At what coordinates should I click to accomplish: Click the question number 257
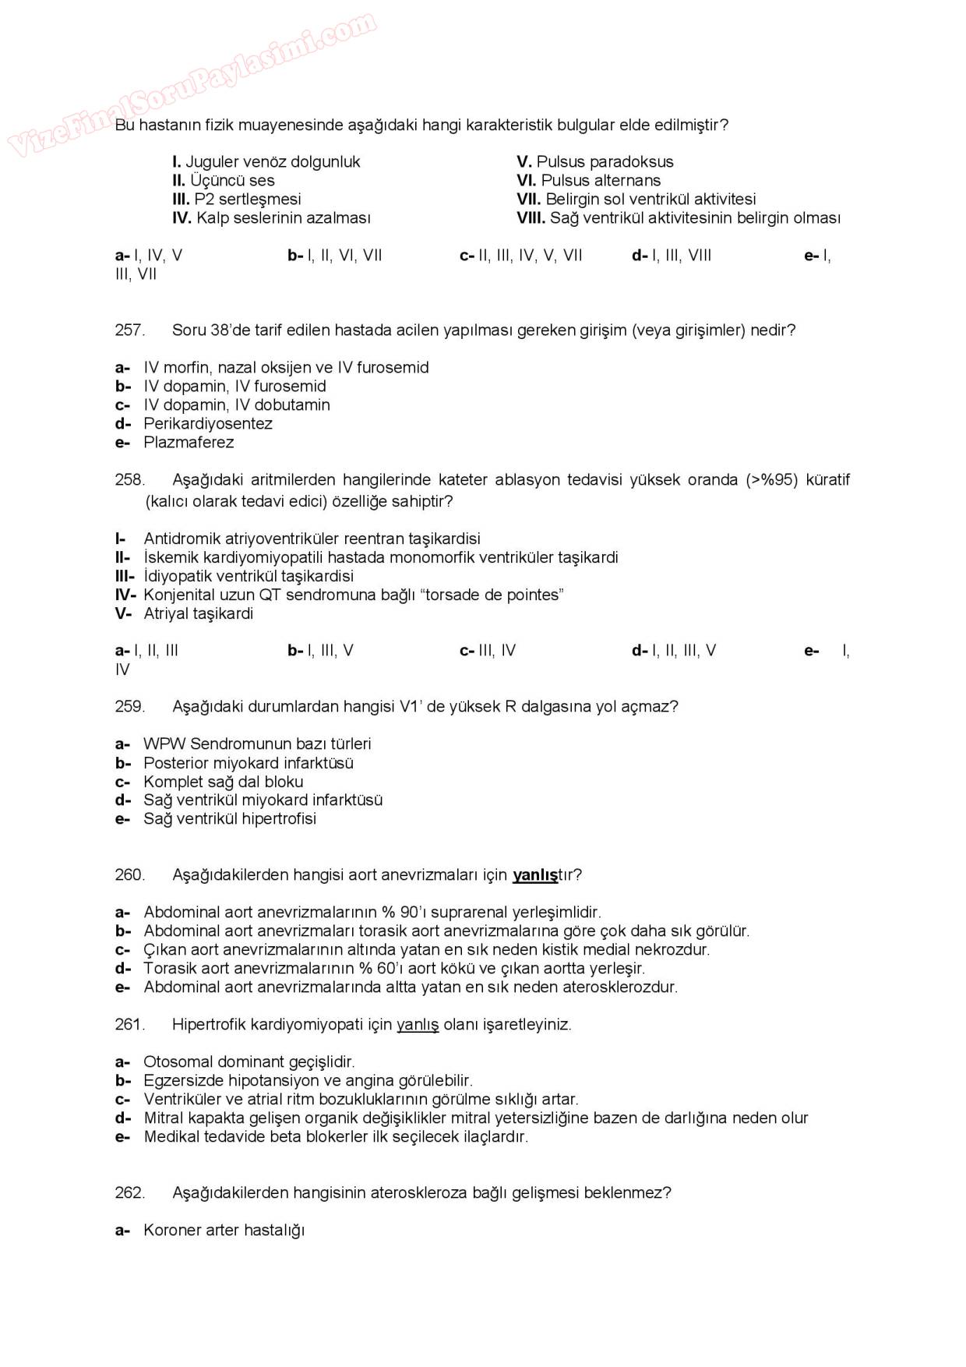pyautogui.click(x=129, y=330)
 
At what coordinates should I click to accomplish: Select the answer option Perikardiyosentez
pyautogui.click(x=207, y=424)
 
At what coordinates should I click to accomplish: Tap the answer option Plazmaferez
pyautogui.click(x=189, y=443)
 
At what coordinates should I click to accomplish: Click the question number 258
pyautogui.click(x=129, y=480)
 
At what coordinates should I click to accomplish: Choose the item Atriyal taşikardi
pyautogui.click(x=198, y=614)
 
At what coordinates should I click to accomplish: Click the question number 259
pyautogui.click(x=129, y=707)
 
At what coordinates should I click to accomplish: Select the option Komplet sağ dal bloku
pyautogui.click(x=223, y=782)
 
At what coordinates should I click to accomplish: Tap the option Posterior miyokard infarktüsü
pyautogui.click(x=248, y=763)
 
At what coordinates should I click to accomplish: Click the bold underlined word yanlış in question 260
pyautogui.click(x=534, y=875)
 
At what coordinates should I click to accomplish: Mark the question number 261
pyautogui.click(x=129, y=1025)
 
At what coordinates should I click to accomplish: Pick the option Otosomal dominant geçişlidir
pyautogui.click(x=249, y=1062)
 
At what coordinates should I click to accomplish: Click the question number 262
pyautogui.click(x=129, y=1193)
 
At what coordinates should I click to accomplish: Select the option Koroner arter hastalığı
pyautogui.click(x=224, y=1231)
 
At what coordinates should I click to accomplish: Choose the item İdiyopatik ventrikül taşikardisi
pyautogui.click(x=248, y=577)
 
